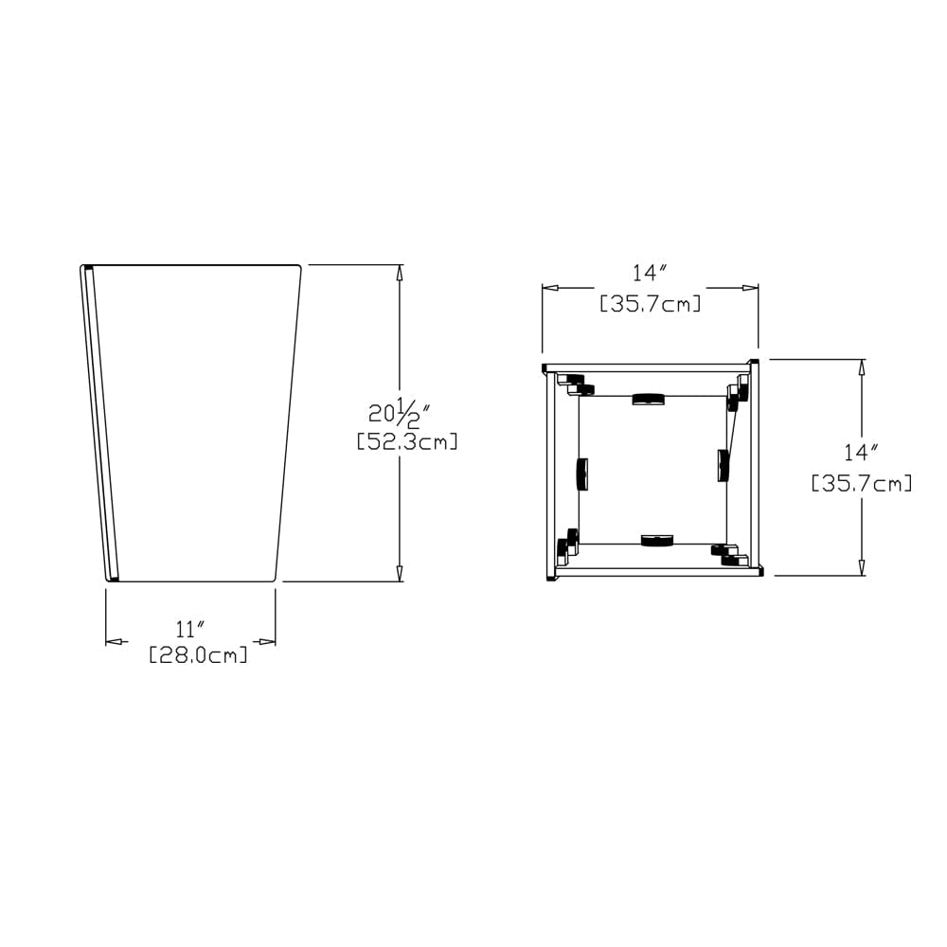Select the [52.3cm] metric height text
[407, 441]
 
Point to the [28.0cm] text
[199, 654]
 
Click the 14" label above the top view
[651, 274]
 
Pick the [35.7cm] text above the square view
[651, 304]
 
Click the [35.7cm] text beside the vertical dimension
[862, 484]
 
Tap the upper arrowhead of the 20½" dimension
[400, 273]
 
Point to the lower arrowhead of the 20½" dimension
[400, 573]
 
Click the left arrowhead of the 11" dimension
[114, 642]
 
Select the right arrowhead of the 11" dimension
[267, 642]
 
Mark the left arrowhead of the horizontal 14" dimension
[550, 288]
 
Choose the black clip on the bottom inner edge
[656, 541]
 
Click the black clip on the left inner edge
[581, 473]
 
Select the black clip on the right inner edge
[724, 465]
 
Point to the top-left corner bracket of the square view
[573, 384]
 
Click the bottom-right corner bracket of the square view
[730, 556]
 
